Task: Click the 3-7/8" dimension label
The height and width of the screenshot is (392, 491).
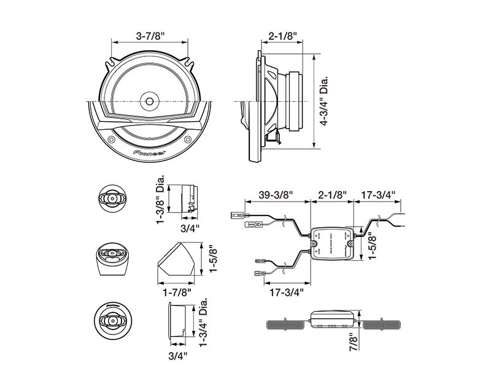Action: pos(149,36)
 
